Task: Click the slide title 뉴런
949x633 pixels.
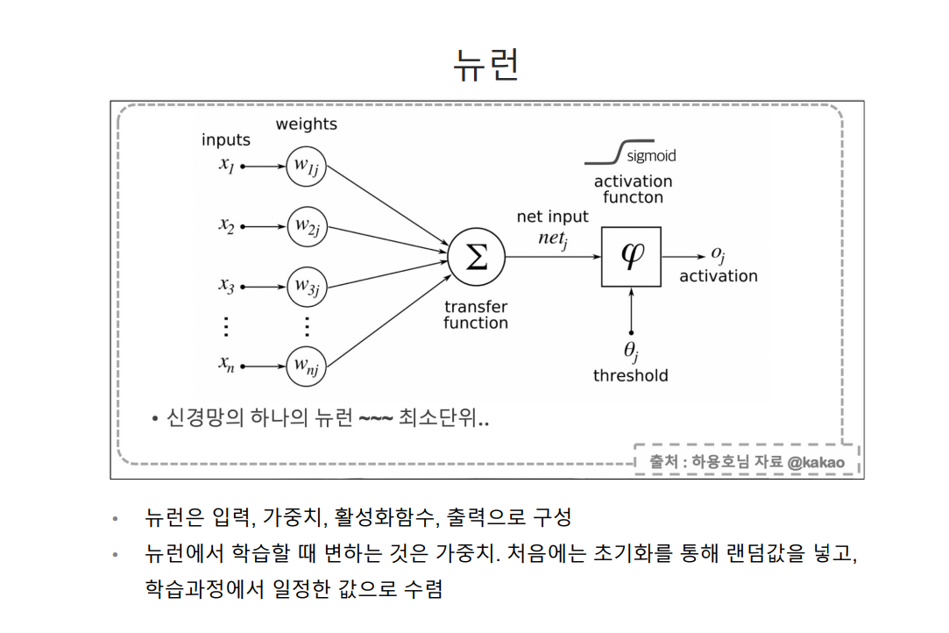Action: tap(485, 63)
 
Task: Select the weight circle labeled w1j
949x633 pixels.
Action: tap(307, 166)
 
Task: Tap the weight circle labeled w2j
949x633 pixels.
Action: tap(307, 227)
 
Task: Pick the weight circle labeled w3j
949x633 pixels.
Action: tap(307, 287)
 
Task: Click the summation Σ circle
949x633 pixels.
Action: tap(477, 257)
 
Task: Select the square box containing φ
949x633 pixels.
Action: tap(631, 257)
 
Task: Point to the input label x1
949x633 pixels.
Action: tap(227, 165)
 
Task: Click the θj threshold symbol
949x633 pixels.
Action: tap(632, 351)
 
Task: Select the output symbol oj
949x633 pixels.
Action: tap(719, 254)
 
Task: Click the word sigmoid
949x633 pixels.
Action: tap(652, 156)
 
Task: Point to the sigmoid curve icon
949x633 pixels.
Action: tap(604, 153)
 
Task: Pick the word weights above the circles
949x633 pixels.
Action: tap(307, 124)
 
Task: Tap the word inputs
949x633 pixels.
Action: tap(226, 140)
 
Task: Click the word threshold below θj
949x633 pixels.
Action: tap(630, 376)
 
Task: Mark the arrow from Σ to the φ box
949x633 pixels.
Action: tap(553, 257)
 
